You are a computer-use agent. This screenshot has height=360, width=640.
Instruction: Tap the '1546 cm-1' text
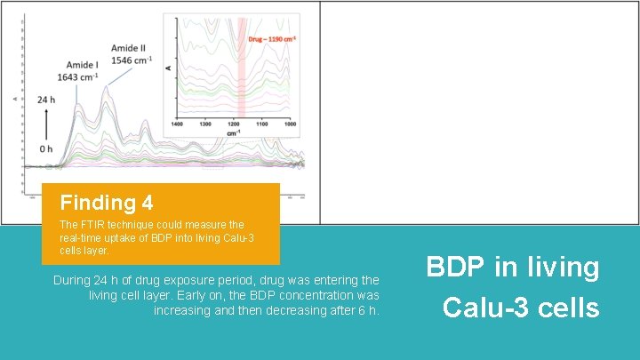pyautogui.click(x=132, y=60)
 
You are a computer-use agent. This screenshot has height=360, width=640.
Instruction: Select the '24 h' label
pyautogui.click(x=46, y=100)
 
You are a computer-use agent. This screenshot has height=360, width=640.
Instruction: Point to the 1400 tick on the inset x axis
pyautogui.click(x=177, y=124)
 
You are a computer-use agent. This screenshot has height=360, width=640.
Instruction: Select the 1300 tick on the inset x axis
pyautogui.click(x=205, y=124)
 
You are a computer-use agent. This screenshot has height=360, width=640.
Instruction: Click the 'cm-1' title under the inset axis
pyautogui.click(x=234, y=133)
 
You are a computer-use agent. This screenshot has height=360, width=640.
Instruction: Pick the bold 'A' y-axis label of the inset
pyautogui.click(x=169, y=68)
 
